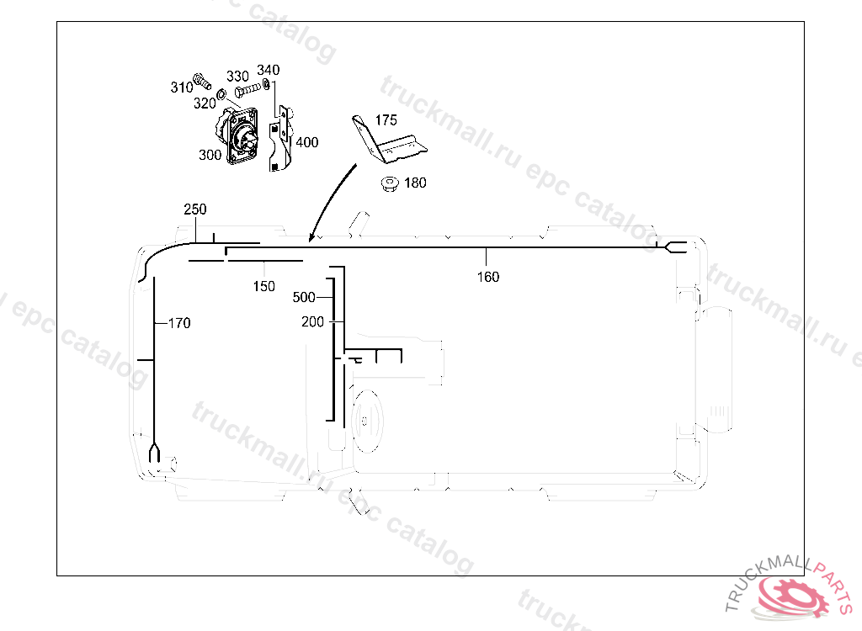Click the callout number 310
pyautogui.click(x=182, y=87)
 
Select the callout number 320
pyautogui.click(x=205, y=103)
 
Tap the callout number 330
pyautogui.click(x=237, y=76)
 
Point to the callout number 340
pyautogui.click(x=269, y=70)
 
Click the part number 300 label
pyautogui.click(x=210, y=155)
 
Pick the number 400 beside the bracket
pyautogui.click(x=307, y=142)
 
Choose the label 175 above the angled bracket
pyautogui.click(x=386, y=119)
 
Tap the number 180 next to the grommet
pyautogui.click(x=415, y=183)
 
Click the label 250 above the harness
pyautogui.click(x=195, y=209)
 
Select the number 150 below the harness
pyautogui.click(x=263, y=286)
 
